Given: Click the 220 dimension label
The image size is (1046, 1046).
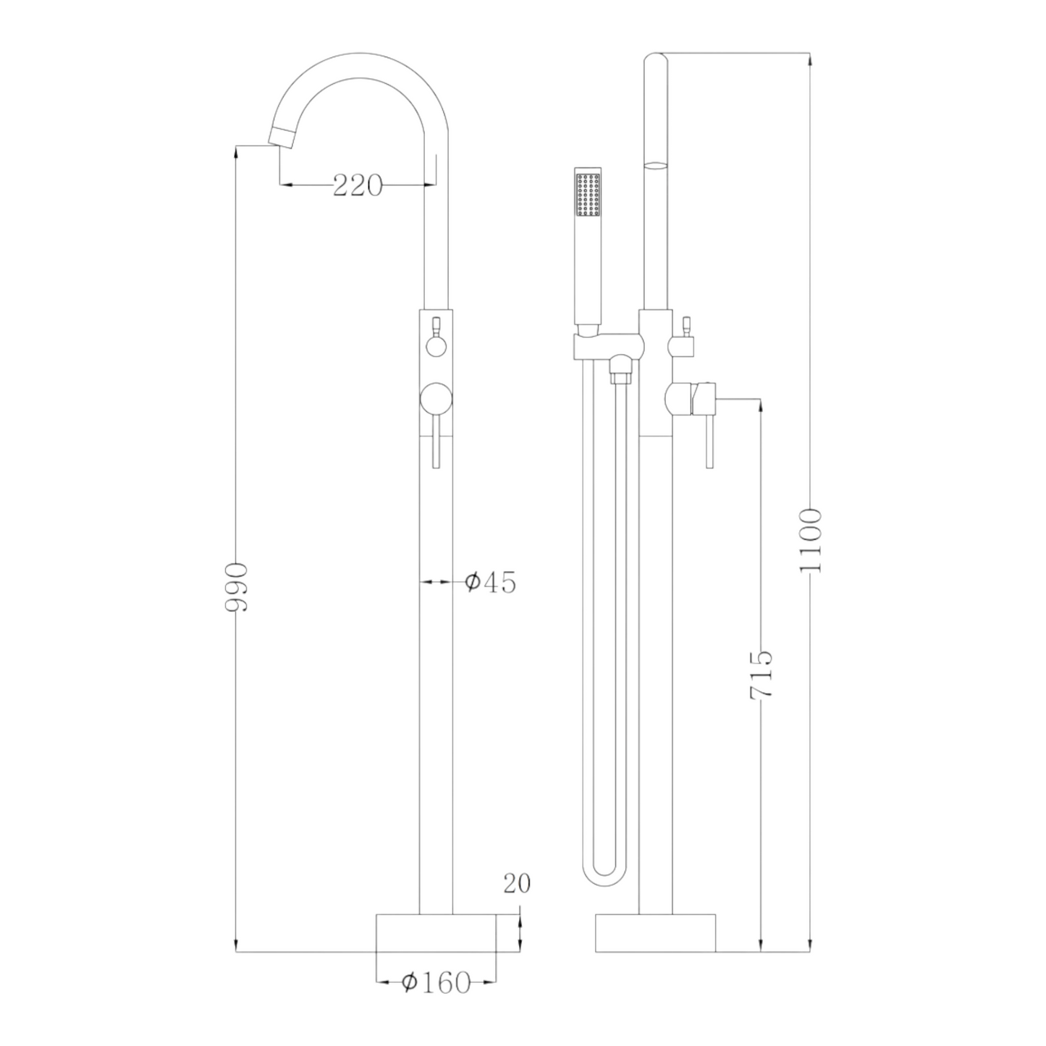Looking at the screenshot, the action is point(358,185).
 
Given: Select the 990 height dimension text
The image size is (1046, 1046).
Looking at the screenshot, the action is point(237,588).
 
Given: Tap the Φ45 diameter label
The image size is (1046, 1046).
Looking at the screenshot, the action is point(490,583).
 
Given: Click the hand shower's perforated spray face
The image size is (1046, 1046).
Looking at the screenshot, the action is point(587,194).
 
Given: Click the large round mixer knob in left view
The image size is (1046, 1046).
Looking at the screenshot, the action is point(436,399).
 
